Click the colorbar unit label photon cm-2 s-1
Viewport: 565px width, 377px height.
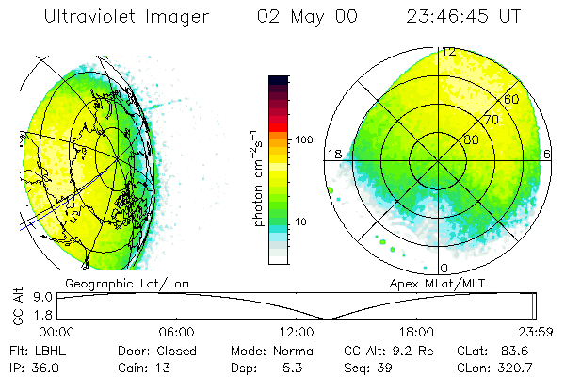(257, 174)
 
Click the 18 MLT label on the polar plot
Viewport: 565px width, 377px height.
(333, 154)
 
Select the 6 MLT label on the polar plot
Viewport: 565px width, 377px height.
(547, 154)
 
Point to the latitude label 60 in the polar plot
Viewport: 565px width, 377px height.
(512, 99)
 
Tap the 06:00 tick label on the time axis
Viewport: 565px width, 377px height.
(176, 332)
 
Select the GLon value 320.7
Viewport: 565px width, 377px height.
(517, 367)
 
